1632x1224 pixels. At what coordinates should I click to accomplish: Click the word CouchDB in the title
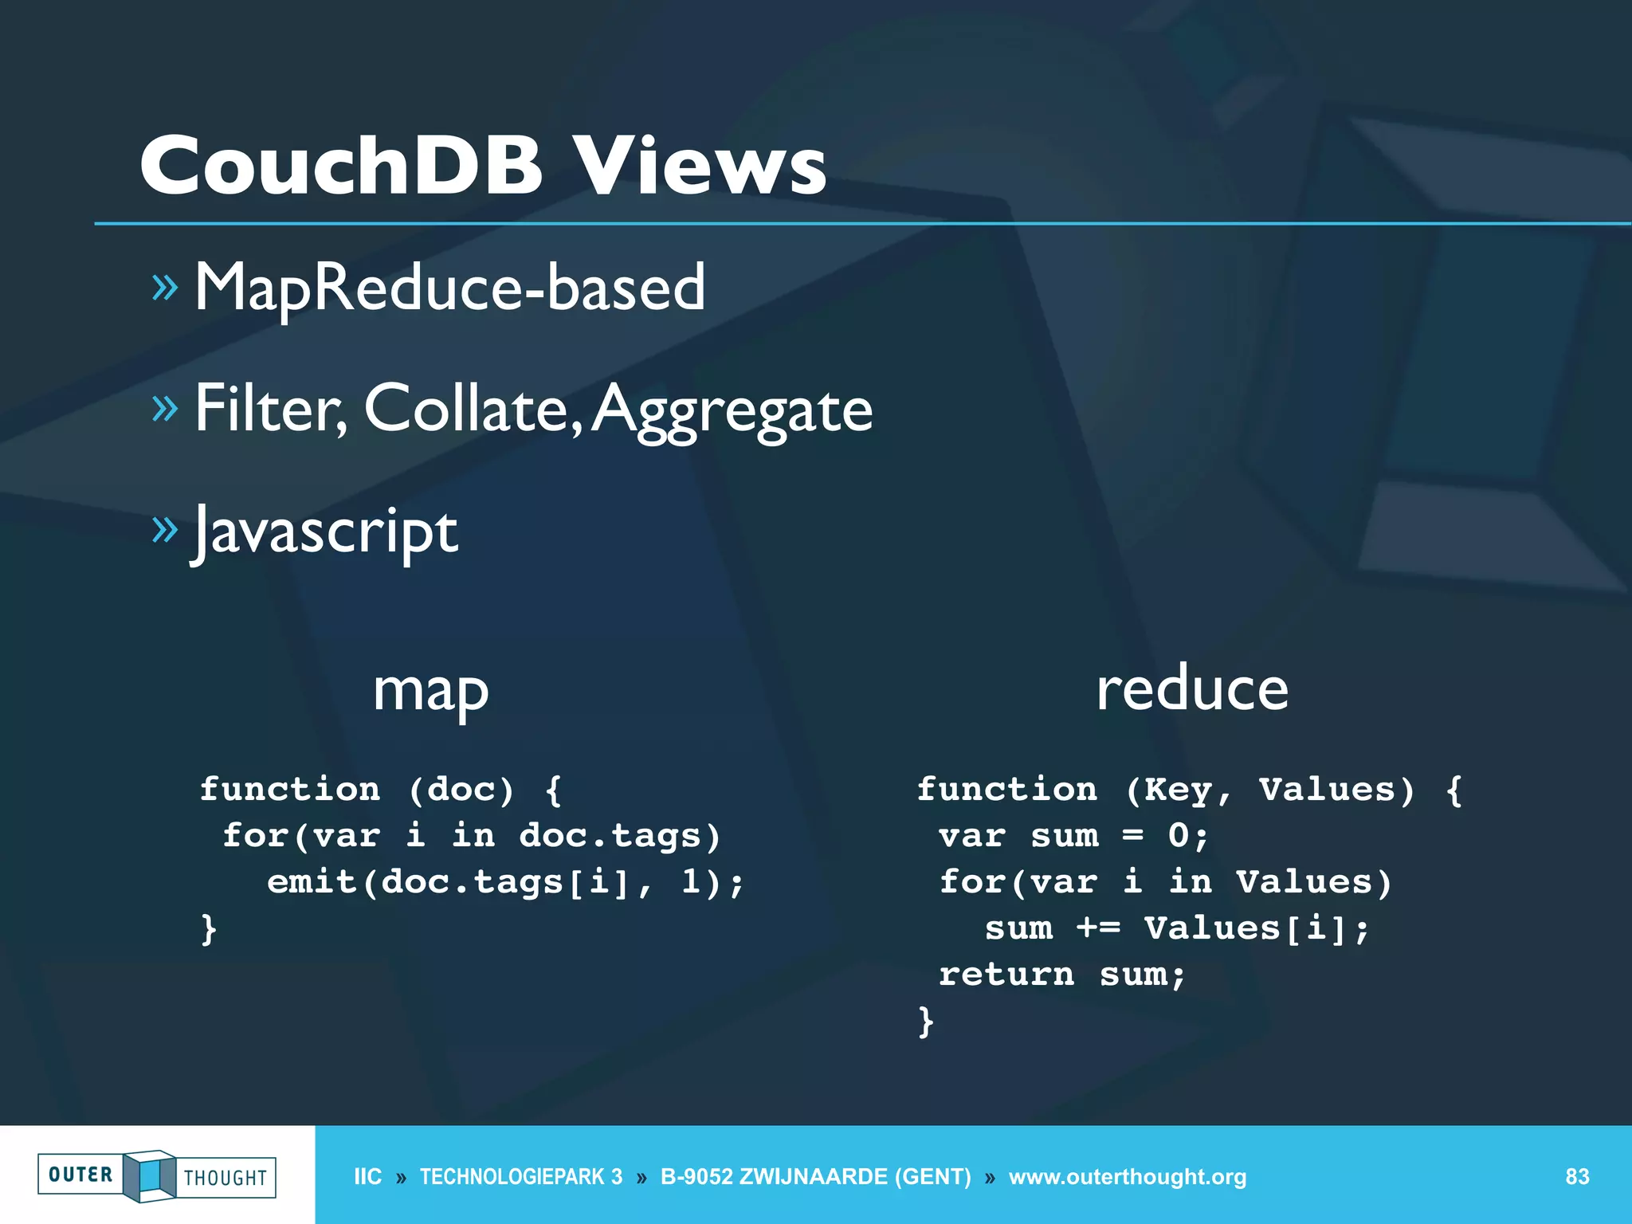click(341, 166)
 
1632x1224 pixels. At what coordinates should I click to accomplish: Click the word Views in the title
click(701, 166)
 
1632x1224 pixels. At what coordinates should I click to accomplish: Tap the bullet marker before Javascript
click(164, 529)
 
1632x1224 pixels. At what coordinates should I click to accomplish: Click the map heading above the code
click(430, 690)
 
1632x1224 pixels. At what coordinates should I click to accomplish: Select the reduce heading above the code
click(1192, 688)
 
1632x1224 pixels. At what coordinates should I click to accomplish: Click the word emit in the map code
click(312, 882)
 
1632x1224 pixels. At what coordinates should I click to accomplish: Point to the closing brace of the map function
click(209, 929)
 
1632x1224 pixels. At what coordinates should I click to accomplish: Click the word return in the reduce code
click(1006, 975)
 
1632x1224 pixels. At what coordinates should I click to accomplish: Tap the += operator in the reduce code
click(1098, 928)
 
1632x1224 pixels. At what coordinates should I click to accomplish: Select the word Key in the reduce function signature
click(1179, 790)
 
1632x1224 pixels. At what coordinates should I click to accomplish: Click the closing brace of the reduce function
click(926, 1022)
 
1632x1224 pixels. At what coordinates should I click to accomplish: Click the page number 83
click(1577, 1176)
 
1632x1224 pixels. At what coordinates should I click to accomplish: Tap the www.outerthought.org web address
click(1128, 1176)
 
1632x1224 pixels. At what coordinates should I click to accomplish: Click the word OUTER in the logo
click(80, 1175)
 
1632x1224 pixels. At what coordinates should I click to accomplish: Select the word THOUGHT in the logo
click(226, 1178)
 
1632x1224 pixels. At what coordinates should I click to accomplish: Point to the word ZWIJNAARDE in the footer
click(814, 1176)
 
